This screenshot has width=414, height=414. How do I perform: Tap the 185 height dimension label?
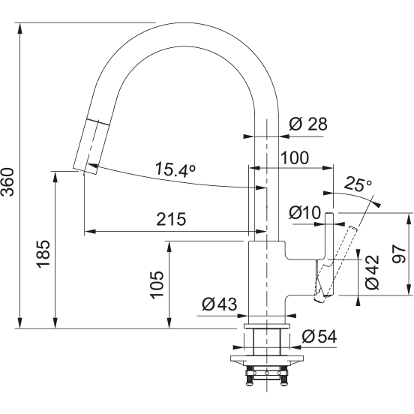(x=43, y=253)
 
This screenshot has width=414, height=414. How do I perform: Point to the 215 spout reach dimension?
(x=171, y=219)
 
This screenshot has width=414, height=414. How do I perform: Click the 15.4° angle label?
(x=175, y=169)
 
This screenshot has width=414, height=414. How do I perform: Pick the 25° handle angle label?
(x=358, y=184)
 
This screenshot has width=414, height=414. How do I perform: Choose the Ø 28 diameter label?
(x=307, y=124)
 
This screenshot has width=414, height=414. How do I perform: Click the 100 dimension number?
(x=294, y=157)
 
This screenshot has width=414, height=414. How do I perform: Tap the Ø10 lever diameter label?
(x=305, y=212)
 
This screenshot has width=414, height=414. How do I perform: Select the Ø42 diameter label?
(x=372, y=271)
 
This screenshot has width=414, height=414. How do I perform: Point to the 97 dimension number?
(x=398, y=254)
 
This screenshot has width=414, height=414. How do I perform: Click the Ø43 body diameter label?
(x=220, y=304)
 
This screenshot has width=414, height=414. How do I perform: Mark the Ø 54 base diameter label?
(x=319, y=336)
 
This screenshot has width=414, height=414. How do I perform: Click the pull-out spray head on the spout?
(x=91, y=146)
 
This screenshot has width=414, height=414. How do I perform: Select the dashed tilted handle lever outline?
(x=336, y=264)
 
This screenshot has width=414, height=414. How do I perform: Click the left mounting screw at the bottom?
(x=248, y=378)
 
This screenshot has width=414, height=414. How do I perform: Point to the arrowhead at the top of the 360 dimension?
(x=19, y=28)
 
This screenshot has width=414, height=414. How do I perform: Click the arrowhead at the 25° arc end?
(x=376, y=204)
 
